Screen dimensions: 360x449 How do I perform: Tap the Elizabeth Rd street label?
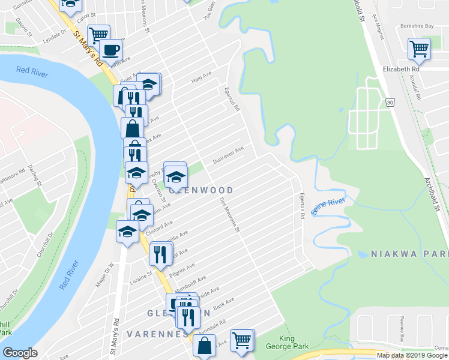click(x=400, y=69)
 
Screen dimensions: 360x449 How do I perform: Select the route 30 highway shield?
click(x=390, y=103)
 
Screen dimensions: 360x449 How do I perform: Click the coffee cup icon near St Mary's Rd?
click(x=111, y=50)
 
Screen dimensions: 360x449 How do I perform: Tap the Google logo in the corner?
click(x=20, y=353)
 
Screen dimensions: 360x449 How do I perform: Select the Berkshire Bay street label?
click(x=417, y=26)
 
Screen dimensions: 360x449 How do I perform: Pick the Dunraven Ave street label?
click(x=229, y=157)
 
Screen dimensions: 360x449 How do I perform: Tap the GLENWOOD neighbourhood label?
click(x=201, y=190)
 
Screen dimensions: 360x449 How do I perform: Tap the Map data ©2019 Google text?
click(x=411, y=355)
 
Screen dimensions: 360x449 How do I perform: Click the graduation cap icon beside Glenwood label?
click(x=176, y=176)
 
